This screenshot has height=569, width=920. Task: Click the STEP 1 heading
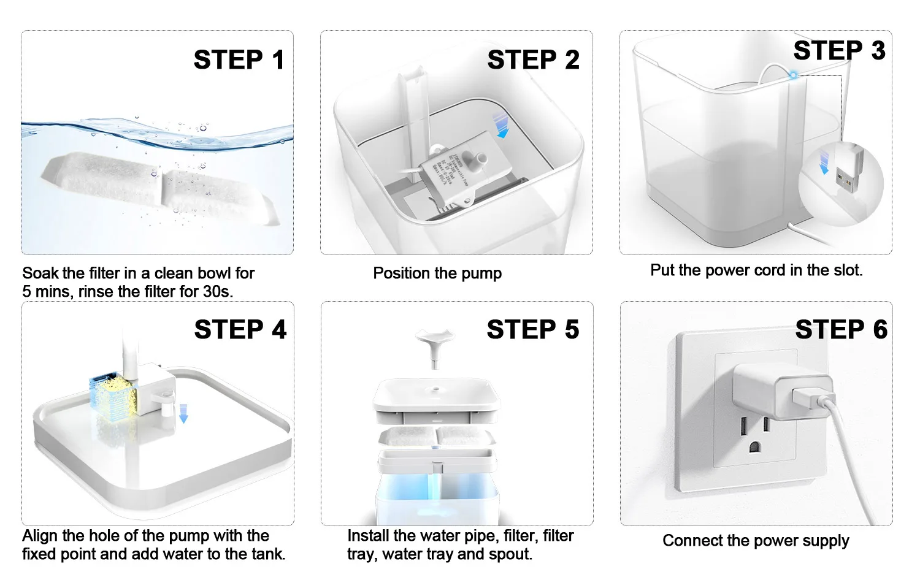point(239,60)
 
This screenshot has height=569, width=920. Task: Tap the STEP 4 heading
point(240,330)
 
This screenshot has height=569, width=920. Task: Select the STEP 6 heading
point(841,330)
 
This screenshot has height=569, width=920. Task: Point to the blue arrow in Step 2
point(502,125)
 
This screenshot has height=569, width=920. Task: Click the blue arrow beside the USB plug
point(824,164)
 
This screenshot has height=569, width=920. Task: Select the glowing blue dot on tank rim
point(793,75)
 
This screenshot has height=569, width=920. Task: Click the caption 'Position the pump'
point(437,273)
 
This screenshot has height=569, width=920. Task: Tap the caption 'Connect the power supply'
point(756,541)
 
